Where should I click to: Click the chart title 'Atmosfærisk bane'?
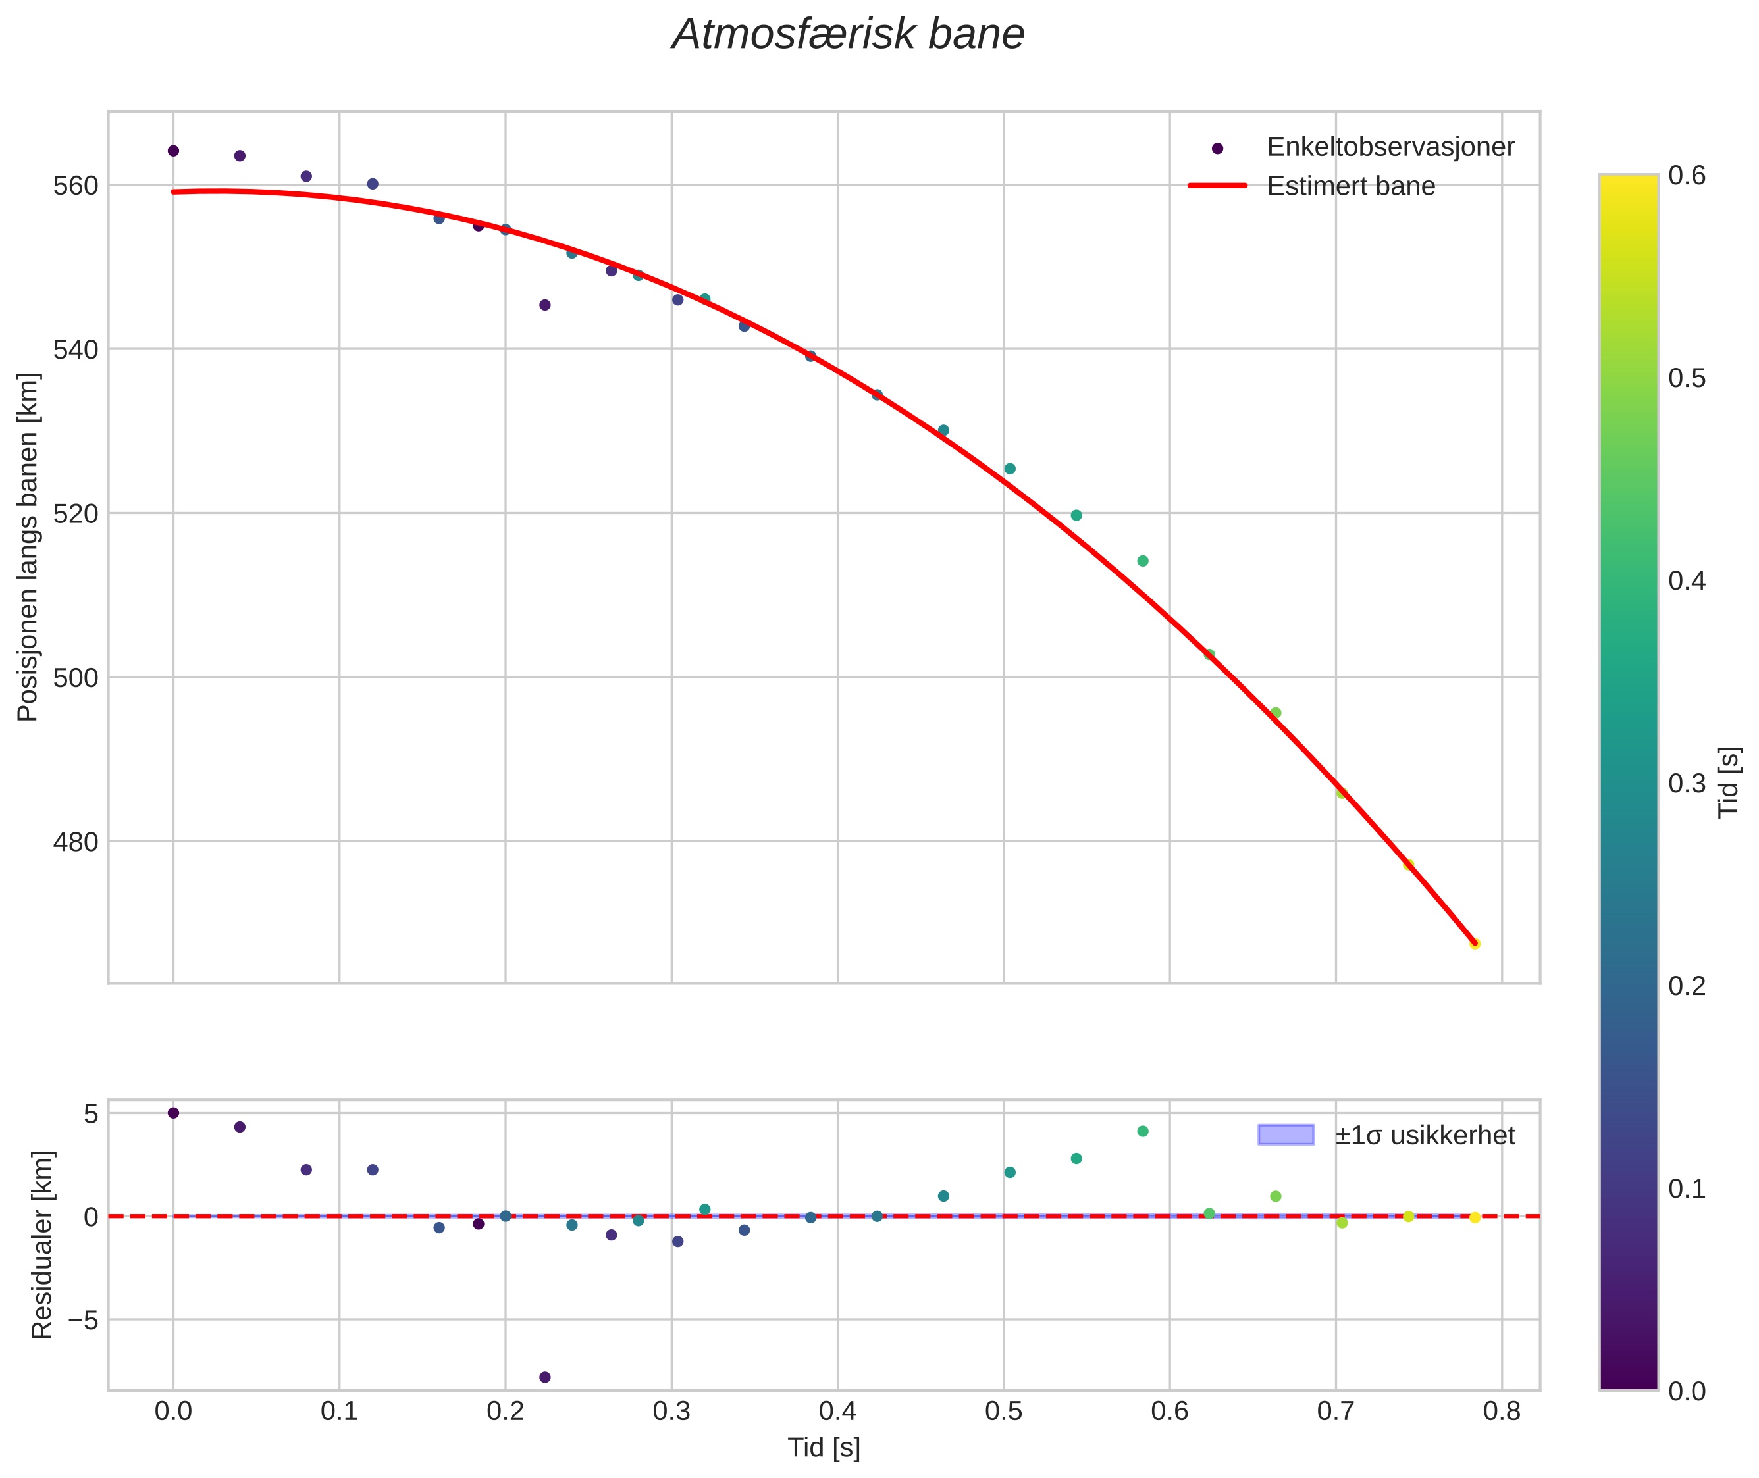[848, 35]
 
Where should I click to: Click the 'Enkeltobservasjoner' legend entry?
[1390, 147]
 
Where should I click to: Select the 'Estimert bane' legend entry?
[1351, 186]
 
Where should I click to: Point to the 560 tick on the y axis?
[76, 185]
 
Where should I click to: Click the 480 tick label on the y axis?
[76, 841]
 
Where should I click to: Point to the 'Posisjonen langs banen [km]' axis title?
[28, 546]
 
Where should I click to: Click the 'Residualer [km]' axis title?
[42, 1244]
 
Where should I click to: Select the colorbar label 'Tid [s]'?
[1729, 782]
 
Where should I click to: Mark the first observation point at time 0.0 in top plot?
[174, 151]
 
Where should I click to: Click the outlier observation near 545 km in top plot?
[544, 305]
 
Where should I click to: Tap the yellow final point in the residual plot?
[1475, 1217]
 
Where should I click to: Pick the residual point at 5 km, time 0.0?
[174, 1113]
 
